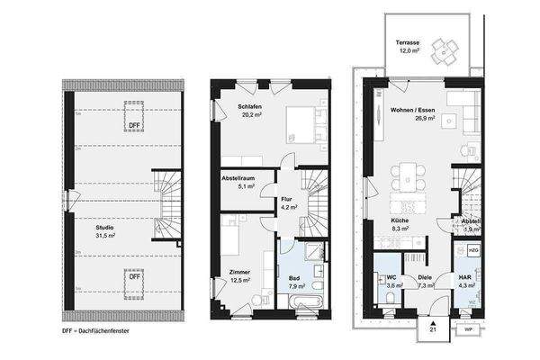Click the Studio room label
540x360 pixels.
106,232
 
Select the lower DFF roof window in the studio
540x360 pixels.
133,276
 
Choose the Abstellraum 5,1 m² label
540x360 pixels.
239,184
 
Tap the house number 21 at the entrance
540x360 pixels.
433,329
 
